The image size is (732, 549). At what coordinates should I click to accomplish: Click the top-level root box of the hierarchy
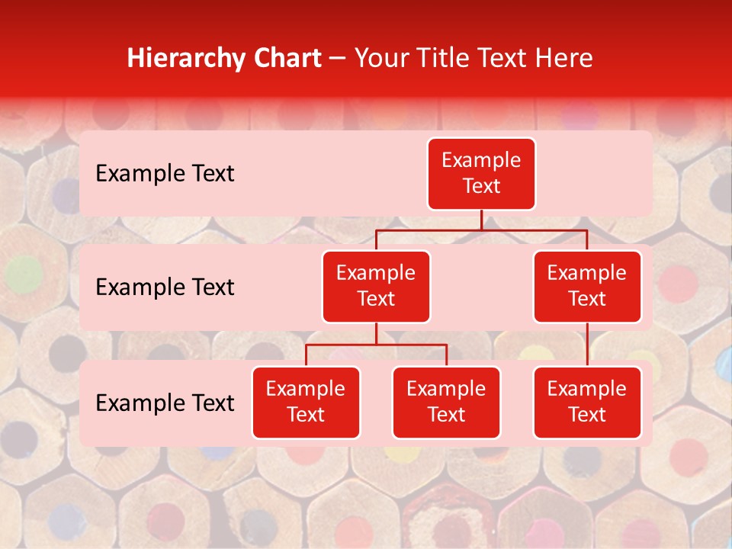[481, 174]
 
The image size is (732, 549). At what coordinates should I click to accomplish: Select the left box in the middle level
[376, 287]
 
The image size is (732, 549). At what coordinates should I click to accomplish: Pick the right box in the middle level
[587, 287]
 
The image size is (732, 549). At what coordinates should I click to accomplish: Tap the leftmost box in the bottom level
[306, 403]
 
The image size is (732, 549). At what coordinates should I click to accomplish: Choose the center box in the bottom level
[446, 403]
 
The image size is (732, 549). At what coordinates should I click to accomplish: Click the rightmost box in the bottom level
[587, 403]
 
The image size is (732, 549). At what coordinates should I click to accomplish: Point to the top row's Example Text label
[165, 174]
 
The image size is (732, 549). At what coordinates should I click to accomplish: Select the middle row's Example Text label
[165, 287]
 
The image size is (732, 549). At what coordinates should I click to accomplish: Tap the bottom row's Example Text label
[165, 403]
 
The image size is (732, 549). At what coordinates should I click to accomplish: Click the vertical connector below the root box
[481, 220]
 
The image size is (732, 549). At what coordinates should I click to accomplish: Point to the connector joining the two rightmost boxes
[587, 345]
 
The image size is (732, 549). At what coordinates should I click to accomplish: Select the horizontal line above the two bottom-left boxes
[376, 345]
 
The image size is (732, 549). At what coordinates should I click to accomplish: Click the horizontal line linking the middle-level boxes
[481, 230]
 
